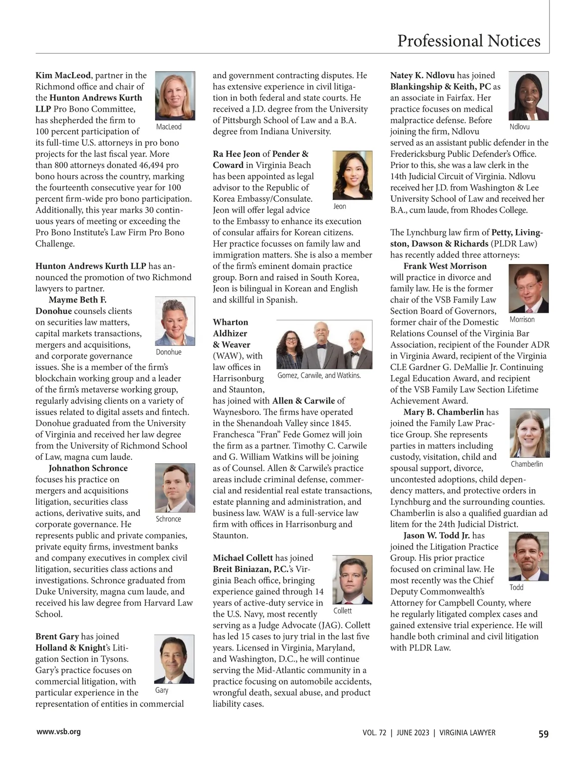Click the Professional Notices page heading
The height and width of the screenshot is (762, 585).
click(468, 41)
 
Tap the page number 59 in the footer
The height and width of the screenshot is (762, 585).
click(543, 734)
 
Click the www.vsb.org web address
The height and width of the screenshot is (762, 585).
click(58, 731)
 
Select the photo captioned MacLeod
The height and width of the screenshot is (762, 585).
click(175, 95)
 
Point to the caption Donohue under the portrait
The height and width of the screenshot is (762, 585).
click(169, 352)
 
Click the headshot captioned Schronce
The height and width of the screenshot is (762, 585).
click(175, 488)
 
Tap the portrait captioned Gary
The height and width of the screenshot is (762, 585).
click(174, 659)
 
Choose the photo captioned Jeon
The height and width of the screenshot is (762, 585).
click(352, 175)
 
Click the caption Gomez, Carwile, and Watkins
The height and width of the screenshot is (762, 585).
click(319, 376)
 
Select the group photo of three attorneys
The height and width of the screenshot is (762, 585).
click(324, 344)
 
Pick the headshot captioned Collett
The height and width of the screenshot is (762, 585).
click(352, 580)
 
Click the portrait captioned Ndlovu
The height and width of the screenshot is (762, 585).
click(528, 96)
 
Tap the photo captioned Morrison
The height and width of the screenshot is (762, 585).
click(528, 288)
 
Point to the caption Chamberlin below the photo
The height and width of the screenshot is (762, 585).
click(526, 464)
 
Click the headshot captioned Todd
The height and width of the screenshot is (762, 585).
click(528, 556)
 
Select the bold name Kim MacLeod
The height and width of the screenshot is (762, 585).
click(63, 76)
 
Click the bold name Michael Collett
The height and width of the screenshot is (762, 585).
click(243, 558)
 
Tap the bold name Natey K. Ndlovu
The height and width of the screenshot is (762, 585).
click(422, 76)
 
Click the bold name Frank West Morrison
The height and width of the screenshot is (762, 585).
click(445, 266)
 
